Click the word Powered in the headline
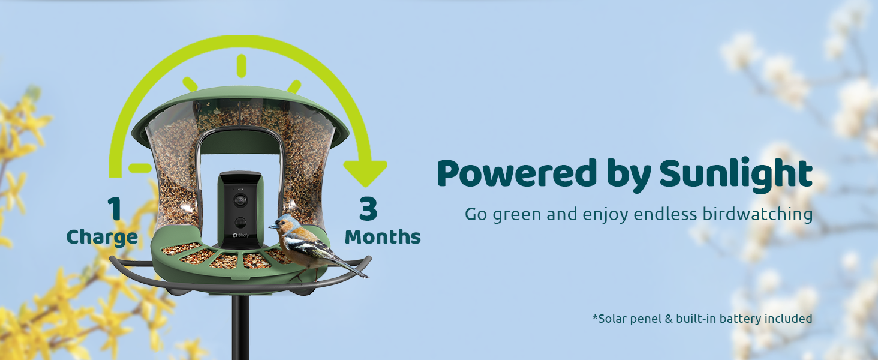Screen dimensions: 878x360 point(516,173)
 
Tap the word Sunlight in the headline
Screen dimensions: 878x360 point(736,175)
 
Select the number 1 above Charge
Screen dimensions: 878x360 point(115,208)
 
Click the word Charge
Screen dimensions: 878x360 point(102,238)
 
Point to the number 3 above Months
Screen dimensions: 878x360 point(368,208)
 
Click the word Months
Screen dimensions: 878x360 point(383,237)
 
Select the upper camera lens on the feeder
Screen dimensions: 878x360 point(240,200)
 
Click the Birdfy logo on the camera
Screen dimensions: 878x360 point(240,235)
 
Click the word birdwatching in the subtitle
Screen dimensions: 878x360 point(757,215)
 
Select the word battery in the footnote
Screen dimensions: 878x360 point(741,319)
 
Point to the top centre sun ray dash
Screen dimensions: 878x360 point(242,66)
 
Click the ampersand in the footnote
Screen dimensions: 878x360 point(669,319)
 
